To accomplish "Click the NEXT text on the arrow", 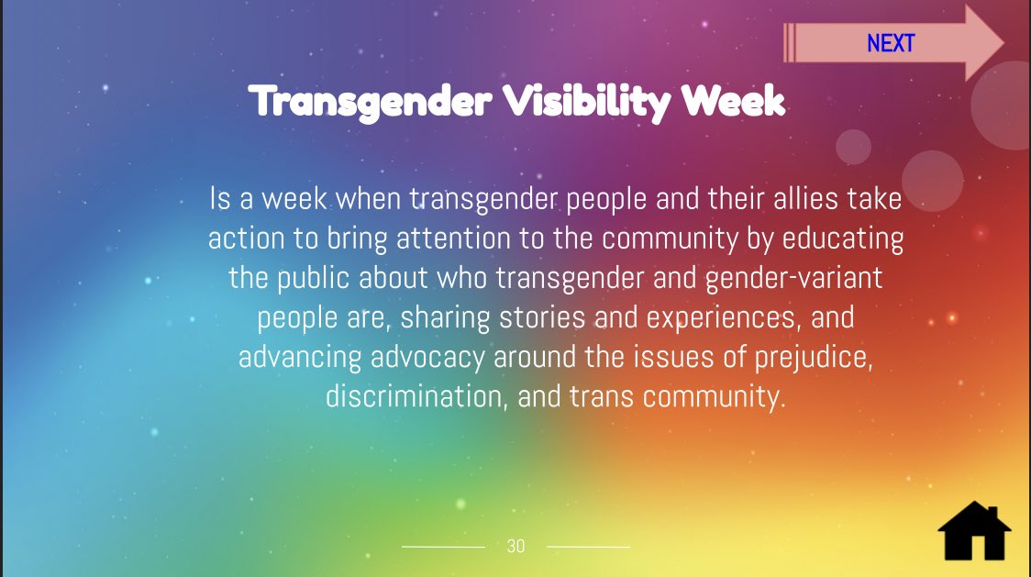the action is pos(891,43).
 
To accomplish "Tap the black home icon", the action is pos(974,532).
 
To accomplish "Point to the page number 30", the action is pos(516,546).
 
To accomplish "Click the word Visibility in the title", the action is pos(586,102).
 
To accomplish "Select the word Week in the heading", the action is pos(733,101).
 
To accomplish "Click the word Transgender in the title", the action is pos(371,103).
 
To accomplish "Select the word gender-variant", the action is pos(793,278).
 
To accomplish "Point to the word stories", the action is pos(542,317).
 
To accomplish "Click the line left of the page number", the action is pos(443,547).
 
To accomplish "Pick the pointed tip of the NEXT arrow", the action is pos(1004,43).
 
